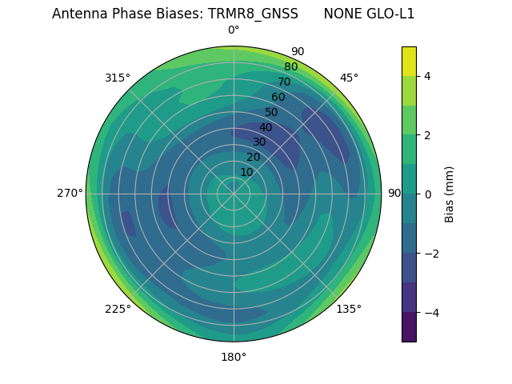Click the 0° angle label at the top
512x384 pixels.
(234, 30)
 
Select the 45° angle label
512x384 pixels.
(349, 78)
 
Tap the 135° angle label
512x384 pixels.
(349, 309)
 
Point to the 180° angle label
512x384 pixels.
(234, 357)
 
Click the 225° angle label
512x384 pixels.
(118, 309)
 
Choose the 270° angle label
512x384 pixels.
(70, 194)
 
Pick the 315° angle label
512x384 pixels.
(118, 78)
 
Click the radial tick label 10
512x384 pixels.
(246, 172)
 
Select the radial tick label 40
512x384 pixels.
(266, 127)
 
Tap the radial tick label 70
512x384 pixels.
(284, 82)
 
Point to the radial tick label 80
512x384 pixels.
(290, 67)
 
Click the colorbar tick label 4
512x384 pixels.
(427, 76)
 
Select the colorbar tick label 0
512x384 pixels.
(427, 194)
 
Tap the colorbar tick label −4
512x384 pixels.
(430, 312)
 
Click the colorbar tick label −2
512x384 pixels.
(430, 253)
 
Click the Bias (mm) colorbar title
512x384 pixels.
(450, 194)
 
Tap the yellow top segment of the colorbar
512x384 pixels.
(409, 61)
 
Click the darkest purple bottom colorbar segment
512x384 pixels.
(409, 326)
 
